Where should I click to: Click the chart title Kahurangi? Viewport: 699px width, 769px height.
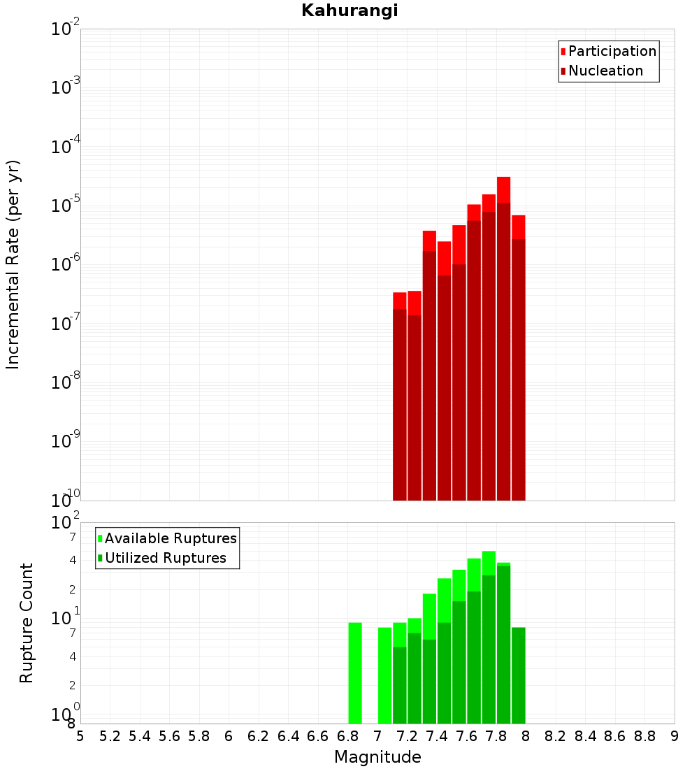349,10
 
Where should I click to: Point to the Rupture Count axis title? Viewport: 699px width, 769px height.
27,623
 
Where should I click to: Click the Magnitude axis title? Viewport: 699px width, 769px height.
377,757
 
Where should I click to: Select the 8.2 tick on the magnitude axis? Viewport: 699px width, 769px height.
556,736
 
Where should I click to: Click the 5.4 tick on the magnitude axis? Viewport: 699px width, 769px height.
140,736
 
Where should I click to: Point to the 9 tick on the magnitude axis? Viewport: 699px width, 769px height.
675,736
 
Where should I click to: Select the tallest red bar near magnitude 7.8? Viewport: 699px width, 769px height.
503,336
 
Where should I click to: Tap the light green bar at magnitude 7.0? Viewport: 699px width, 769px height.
384,675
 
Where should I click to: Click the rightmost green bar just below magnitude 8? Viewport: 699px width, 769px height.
518,675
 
